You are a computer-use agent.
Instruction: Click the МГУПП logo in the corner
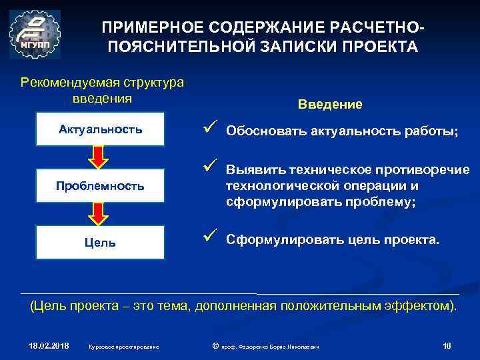(x=35, y=35)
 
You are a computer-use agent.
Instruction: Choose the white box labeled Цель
(x=100, y=243)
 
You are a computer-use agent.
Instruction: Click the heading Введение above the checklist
(x=330, y=104)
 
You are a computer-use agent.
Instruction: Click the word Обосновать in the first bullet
(x=266, y=131)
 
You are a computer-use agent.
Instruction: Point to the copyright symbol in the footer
(x=215, y=345)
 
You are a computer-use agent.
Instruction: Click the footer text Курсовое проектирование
(x=123, y=346)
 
